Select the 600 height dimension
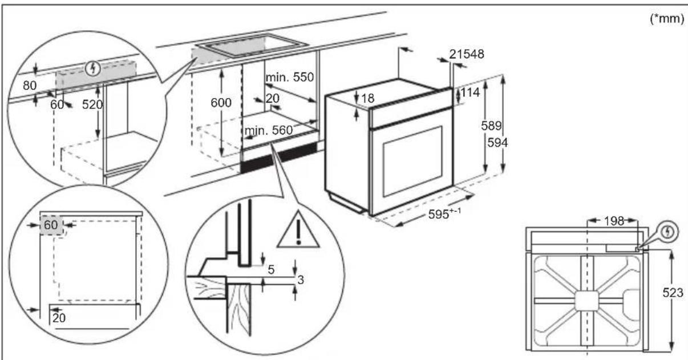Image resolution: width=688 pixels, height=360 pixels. pyautogui.click(x=221, y=103)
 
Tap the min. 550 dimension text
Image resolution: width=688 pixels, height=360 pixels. pyautogui.click(x=290, y=77)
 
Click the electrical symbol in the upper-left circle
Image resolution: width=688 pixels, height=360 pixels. pyautogui.click(x=94, y=69)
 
